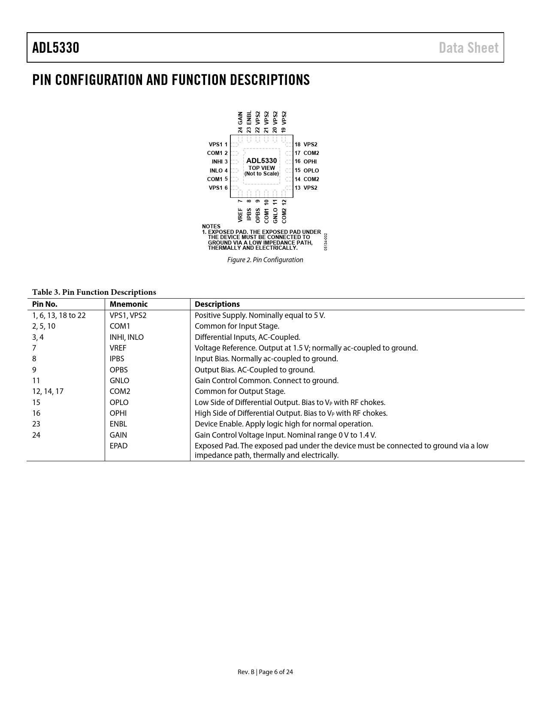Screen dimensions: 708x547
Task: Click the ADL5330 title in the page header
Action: coord(56,48)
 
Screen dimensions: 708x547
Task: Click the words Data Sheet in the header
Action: coord(468,48)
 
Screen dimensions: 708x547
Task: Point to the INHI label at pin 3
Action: coord(217,162)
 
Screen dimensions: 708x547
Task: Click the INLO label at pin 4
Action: coord(216,170)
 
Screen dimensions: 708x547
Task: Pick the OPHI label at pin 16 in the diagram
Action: coord(310,162)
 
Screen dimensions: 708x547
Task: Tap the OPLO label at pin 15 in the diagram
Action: coord(311,170)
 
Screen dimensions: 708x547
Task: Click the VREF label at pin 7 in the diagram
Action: coord(240,215)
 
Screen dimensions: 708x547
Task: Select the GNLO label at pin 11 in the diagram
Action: coord(275,215)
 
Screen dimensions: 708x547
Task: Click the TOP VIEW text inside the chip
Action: coord(262,168)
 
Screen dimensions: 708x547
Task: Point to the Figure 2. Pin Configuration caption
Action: coord(265,260)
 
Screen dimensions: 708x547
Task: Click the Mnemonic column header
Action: coord(128,304)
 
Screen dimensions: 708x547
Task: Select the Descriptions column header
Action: coord(217,304)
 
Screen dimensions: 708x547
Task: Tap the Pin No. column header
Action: coord(45,304)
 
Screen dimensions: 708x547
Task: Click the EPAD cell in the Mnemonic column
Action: coord(118,446)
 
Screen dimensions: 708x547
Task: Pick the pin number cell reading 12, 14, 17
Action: coord(48,391)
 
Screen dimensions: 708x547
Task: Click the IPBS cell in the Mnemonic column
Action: coord(117,359)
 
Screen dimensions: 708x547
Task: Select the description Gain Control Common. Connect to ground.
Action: coord(266,381)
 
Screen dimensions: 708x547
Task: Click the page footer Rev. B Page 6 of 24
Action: coord(265,672)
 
